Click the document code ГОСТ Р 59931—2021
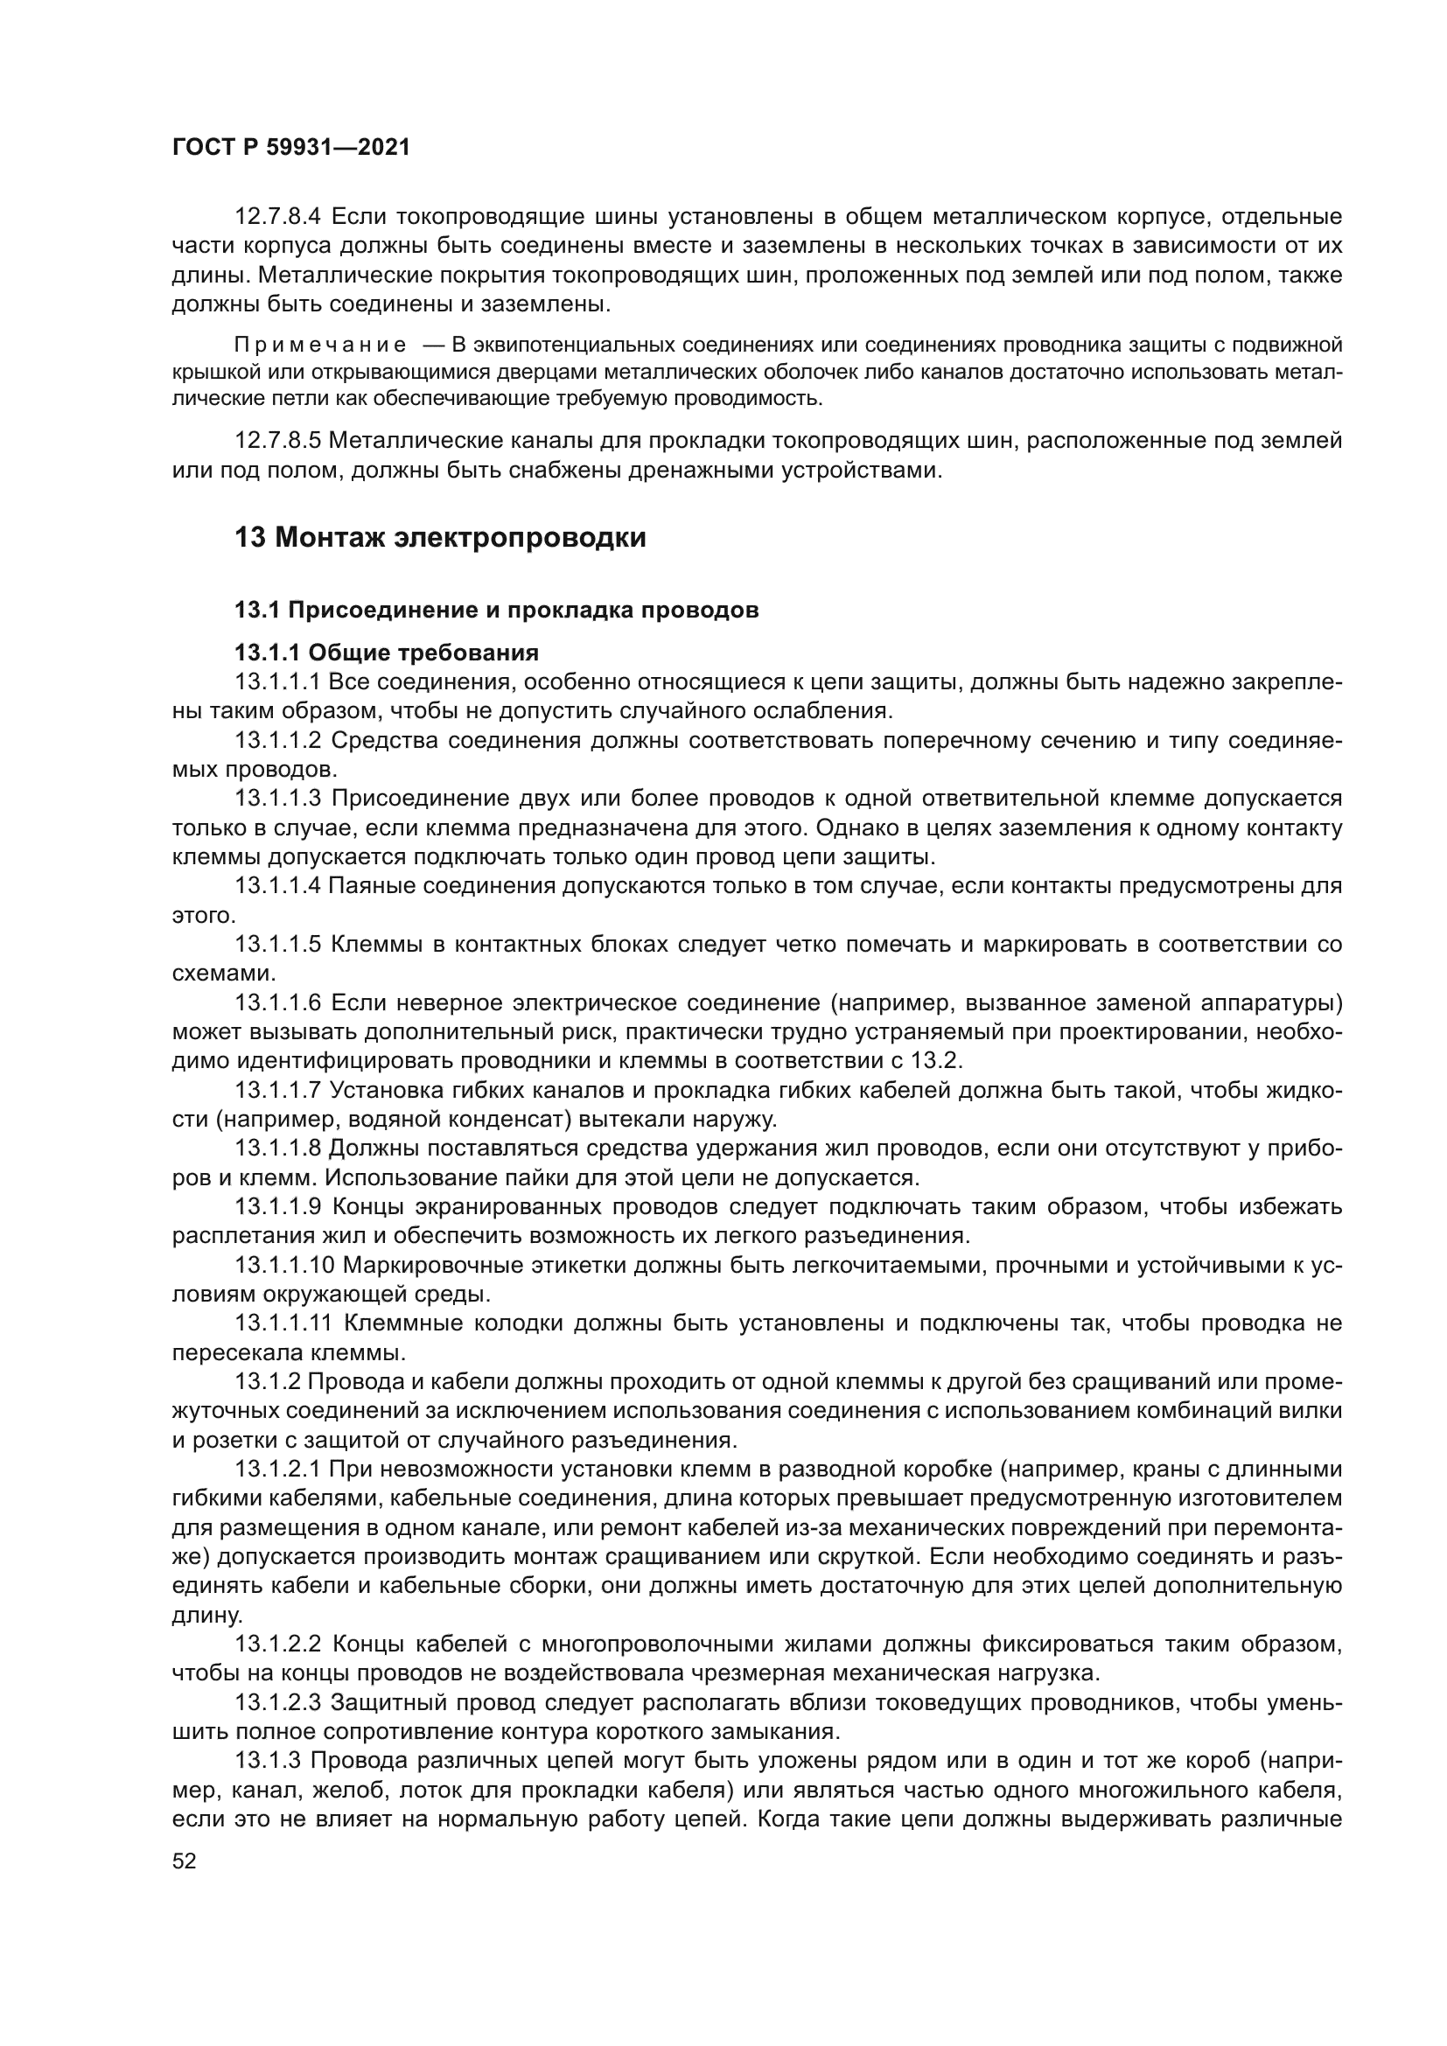click(x=290, y=148)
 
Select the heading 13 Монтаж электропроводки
click(x=439, y=538)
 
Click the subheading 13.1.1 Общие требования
click(x=387, y=653)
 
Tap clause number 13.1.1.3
click(x=277, y=799)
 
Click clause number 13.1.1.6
click(x=277, y=1003)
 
